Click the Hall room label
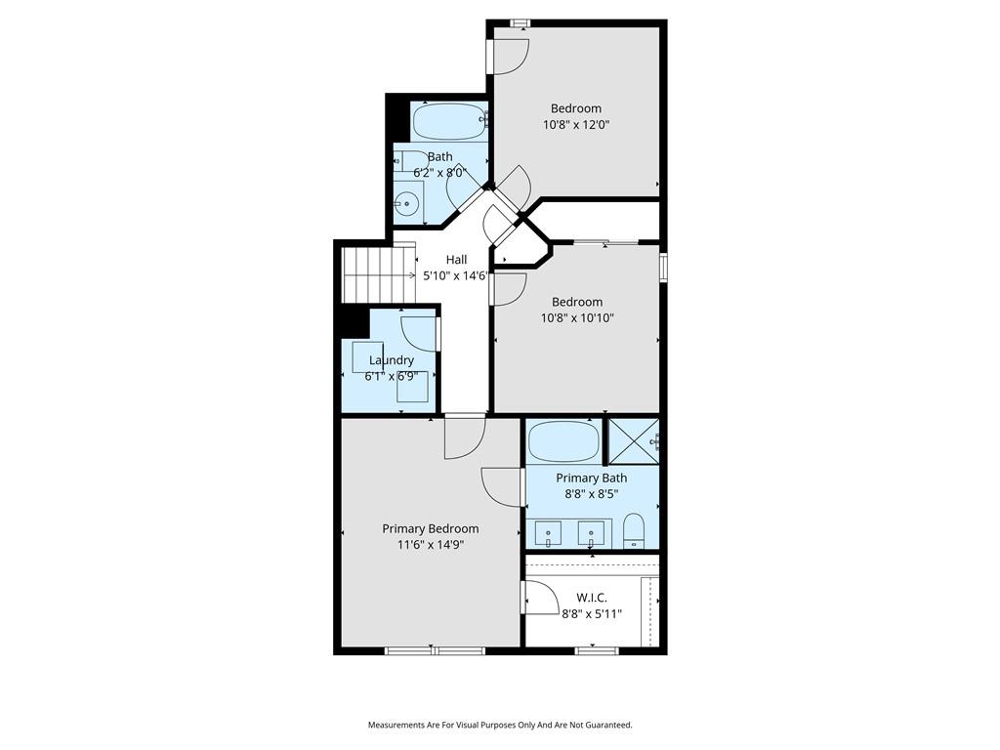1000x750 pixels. tap(456, 260)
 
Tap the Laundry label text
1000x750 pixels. tap(392, 360)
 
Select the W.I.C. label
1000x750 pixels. tap(592, 598)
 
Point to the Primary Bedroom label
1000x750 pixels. tap(431, 528)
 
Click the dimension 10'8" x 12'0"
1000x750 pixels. tap(576, 125)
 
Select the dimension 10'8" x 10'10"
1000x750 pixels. tap(577, 318)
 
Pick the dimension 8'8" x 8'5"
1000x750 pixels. tap(592, 494)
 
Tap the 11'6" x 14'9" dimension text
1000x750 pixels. tap(431, 545)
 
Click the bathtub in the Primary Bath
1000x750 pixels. tap(564, 441)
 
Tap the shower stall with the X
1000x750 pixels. tap(633, 441)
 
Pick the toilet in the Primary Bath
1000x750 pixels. tap(634, 530)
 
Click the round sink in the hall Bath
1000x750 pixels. tap(405, 204)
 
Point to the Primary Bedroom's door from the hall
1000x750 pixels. tap(465, 437)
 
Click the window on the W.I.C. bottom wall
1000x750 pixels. tap(597, 650)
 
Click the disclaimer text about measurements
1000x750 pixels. tap(500, 726)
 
